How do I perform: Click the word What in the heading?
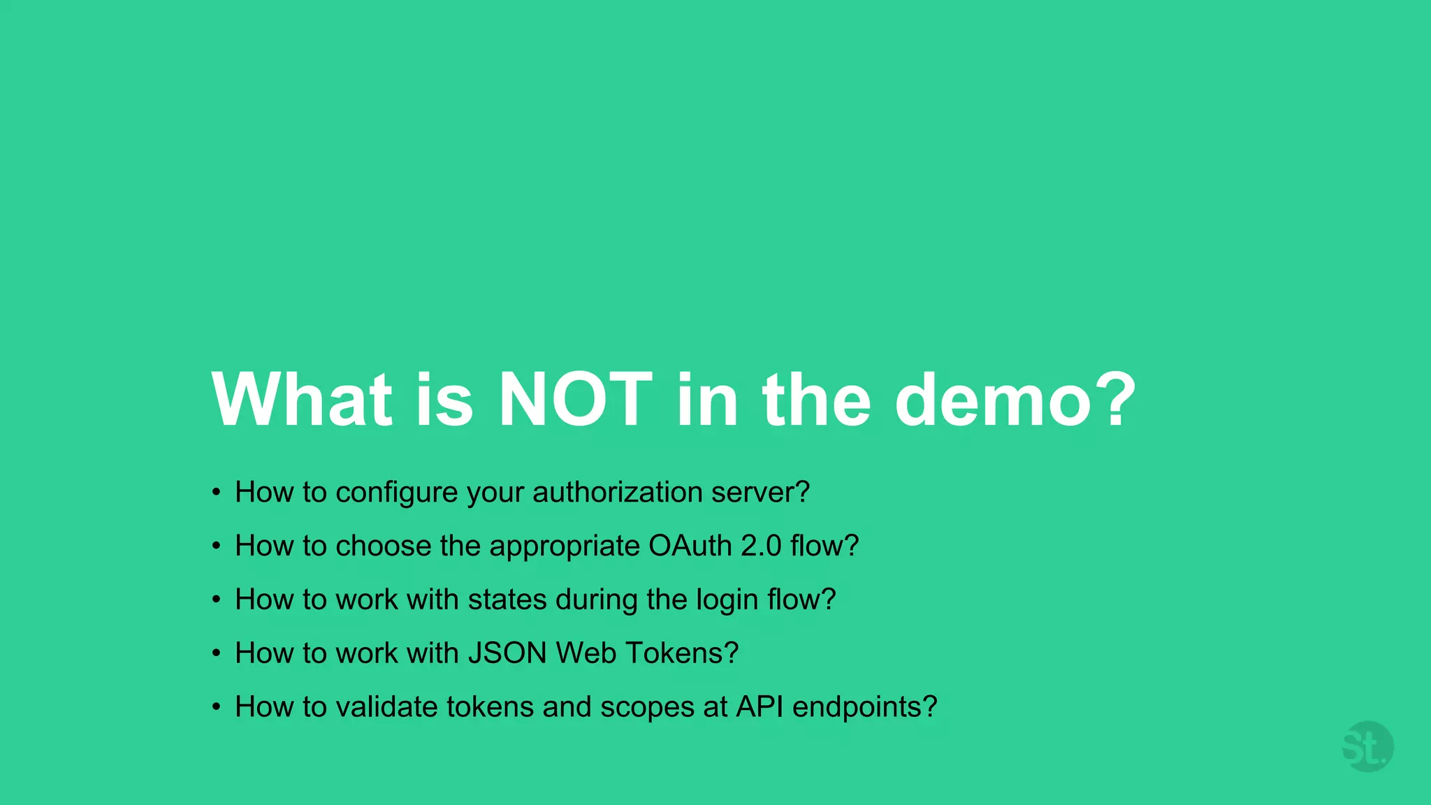(302, 400)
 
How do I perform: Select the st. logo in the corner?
(1367, 747)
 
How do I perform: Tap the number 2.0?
(761, 546)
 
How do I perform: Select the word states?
(507, 600)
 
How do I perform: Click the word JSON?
(507, 653)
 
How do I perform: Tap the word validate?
(386, 707)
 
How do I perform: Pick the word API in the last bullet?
(760, 707)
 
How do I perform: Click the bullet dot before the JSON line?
(217, 653)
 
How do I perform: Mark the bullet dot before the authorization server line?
(217, 493)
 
